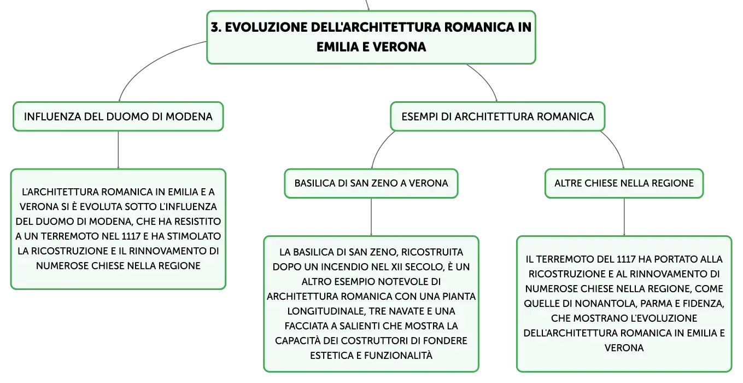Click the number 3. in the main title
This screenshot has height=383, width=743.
(x=216, y=27)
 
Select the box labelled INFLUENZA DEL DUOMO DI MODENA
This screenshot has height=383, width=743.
(x=118, y=117)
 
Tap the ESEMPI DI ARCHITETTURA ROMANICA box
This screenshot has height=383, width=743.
(x=498, y=117)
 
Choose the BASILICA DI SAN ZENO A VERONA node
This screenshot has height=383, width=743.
(x=371, y=183)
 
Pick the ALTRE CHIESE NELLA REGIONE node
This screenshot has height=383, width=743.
(x=624, y=183)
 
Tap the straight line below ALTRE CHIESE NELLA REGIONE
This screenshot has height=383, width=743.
(x=624, y=217)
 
